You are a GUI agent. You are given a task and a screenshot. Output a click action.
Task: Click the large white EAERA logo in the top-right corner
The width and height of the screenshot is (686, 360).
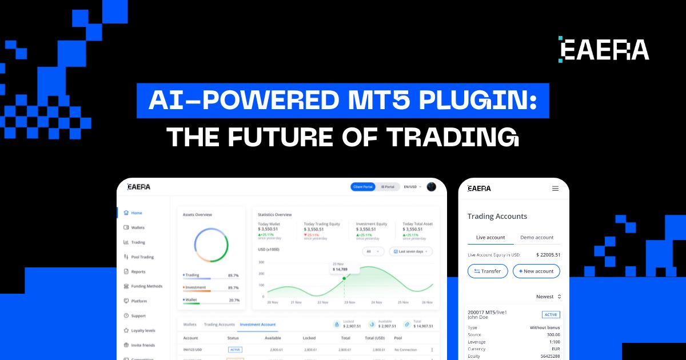(x=604, y=50)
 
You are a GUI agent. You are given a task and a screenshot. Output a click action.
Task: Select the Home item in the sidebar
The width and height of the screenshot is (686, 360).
(x=136, y=213)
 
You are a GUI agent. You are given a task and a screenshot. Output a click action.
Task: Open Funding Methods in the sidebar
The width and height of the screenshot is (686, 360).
(x=146, y=286)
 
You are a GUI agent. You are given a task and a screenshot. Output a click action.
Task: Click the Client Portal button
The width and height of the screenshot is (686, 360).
(x=362, y=187)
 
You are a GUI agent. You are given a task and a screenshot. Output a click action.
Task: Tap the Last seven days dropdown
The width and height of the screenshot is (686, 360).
(x=411, y=251)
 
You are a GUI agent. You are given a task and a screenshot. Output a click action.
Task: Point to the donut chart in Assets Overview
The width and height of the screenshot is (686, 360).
(x=212, y=245)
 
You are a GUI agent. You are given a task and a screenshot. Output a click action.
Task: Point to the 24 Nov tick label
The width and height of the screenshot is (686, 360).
(x=377, y=302)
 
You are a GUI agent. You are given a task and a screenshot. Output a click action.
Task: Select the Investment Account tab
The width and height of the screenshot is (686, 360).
(x=257, y=325)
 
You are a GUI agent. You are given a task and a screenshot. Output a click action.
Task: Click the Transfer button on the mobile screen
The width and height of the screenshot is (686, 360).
(x=487, y=271)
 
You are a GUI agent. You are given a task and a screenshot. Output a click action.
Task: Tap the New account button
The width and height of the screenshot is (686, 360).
(x=536, y=271)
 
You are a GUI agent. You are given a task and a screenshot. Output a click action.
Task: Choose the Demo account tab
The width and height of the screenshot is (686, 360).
(x=536, y=238)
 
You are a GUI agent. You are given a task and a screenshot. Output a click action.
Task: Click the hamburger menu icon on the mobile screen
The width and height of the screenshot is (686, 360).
(x=555, y=189)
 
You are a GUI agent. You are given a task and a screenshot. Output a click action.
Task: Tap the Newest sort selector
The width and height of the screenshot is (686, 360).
(x=548, y=297)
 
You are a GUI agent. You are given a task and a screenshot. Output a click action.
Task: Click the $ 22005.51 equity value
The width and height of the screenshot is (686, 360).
(x=548, y=255)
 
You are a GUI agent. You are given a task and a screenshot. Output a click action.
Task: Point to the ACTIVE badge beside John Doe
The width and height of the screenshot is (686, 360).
(x=551, y=315)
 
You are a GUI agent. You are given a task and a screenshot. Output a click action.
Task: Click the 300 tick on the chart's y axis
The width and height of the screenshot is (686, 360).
(x=261, y=262)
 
